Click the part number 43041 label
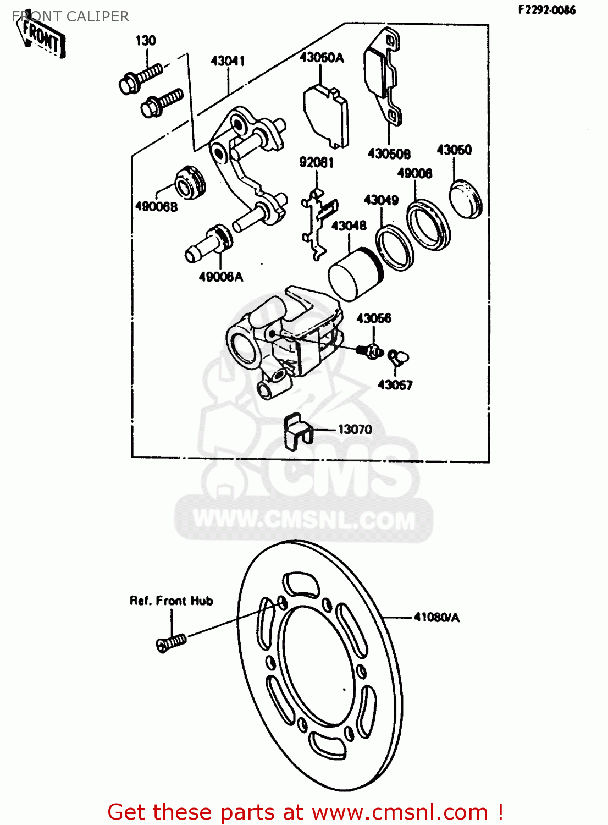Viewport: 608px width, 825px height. pyautogui.click(x=228, y=61)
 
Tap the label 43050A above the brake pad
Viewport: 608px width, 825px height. pyautogui.click(x=322, y=57)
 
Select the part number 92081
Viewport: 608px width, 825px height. pyautogui.click(x=316, y=162)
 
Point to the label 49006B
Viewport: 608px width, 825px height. pyautogui.click(x=156, y=207)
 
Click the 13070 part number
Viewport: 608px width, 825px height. pyautogui.click(x=355, y=430)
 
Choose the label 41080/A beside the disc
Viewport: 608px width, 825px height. pyautogui.click(x=436, y=618)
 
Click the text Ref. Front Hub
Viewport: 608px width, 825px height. pyautogui.click(x=171, y=601)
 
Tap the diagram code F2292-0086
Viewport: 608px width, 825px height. pyautogui.click(x=546, y=10)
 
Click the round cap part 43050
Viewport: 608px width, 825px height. pyautogui.click(x=465, y=198)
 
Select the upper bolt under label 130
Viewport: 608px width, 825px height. pyautogui.click(x=140, y=78)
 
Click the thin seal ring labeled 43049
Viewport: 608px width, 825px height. pyautogui.click(x=395, y=247)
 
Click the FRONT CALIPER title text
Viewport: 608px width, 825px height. pyautogui.click(x=70, y=16)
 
